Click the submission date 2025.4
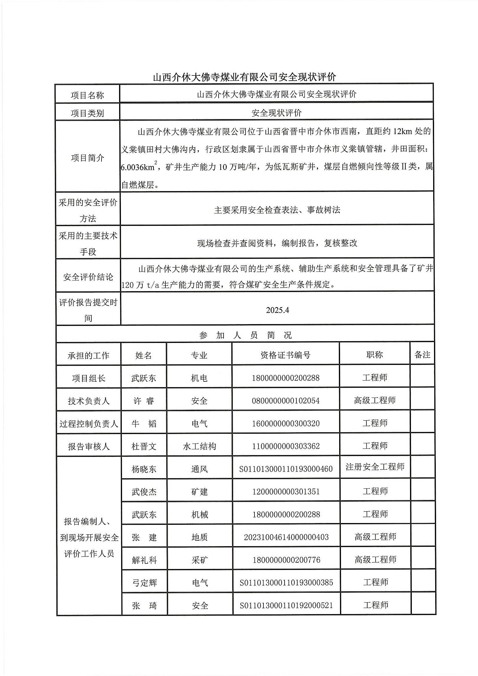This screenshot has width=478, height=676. click(277, 310)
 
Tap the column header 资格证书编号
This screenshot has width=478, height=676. click(285, 355)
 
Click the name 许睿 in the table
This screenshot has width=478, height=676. click(144, 401)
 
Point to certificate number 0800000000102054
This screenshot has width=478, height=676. click(285, 401)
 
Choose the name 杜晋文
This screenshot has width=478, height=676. click(144, 447)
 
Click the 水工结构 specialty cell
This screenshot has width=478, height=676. click(200, 446)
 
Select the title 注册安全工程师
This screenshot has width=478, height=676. click(375, 467)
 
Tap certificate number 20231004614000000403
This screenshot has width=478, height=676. click(286, 537)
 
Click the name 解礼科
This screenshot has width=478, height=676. click(144, 560)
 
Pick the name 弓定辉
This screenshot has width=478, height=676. click(144, 583)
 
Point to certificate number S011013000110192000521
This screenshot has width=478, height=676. click(286, 605)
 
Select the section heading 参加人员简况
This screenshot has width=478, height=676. click(245, 335)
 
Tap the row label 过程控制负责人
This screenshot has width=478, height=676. click(89, 424)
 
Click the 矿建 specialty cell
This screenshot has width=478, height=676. click(200, 492)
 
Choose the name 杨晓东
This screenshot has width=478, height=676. click(144, 469)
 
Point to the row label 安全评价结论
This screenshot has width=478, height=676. click(88, 277)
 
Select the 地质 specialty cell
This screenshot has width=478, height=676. click(200, 537)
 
